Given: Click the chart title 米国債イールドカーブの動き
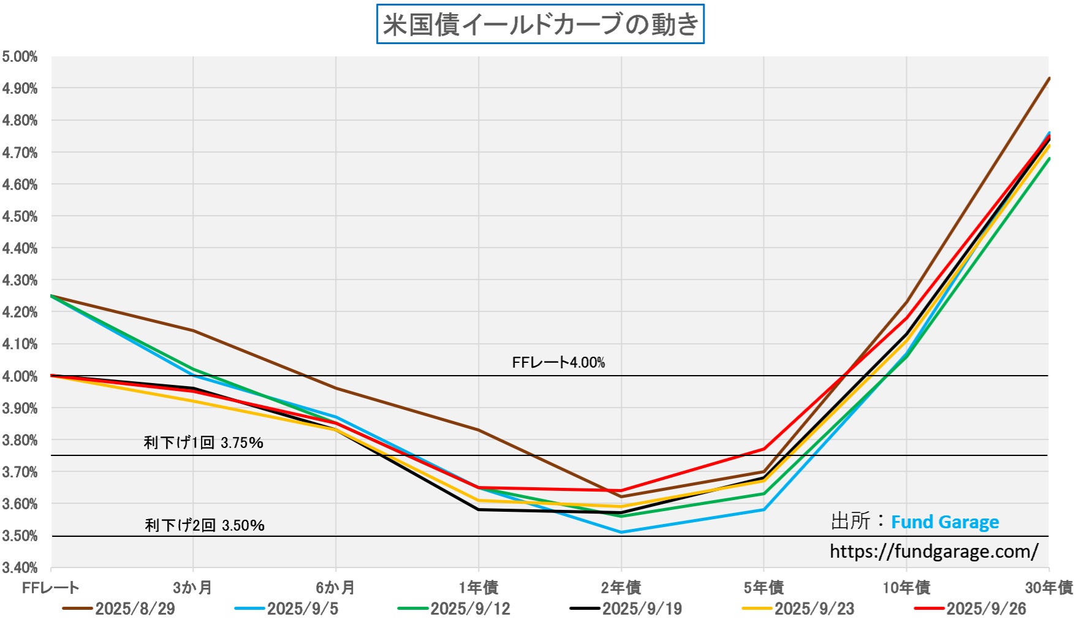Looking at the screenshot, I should pyautogui.click(x=540, y=25).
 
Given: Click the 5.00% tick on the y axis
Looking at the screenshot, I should pyautogui.click(x=20, y=57).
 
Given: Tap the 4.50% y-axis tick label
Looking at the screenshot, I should pyautogui.click(x=20, y=216).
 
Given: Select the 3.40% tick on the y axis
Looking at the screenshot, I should pyautogui.click(x=20, y=568).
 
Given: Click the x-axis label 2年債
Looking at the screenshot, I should pyautogui.click(x=621, y=588).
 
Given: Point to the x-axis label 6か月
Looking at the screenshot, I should pyautogui.click(x=335, y=588).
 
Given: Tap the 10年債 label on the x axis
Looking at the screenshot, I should pyautogui.click(x=906, y=588).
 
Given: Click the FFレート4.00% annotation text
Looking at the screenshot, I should pyautogui.click(x=558, y=363).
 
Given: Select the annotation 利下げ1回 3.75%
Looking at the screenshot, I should pyautogui.click(x=203, y=442).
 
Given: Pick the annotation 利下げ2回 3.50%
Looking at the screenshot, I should pyautogui.click(x=205, y=525).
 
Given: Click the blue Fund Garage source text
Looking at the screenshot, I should pyautogui.click(x=945, y=522).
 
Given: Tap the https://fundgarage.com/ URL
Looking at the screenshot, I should pyautogui.click(x=934, y=552).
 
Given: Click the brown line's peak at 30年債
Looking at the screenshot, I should pyautogui.click(x=1049, y=78).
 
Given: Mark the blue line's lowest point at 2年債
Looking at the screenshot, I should pyautogui.click(x=621, y=532).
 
